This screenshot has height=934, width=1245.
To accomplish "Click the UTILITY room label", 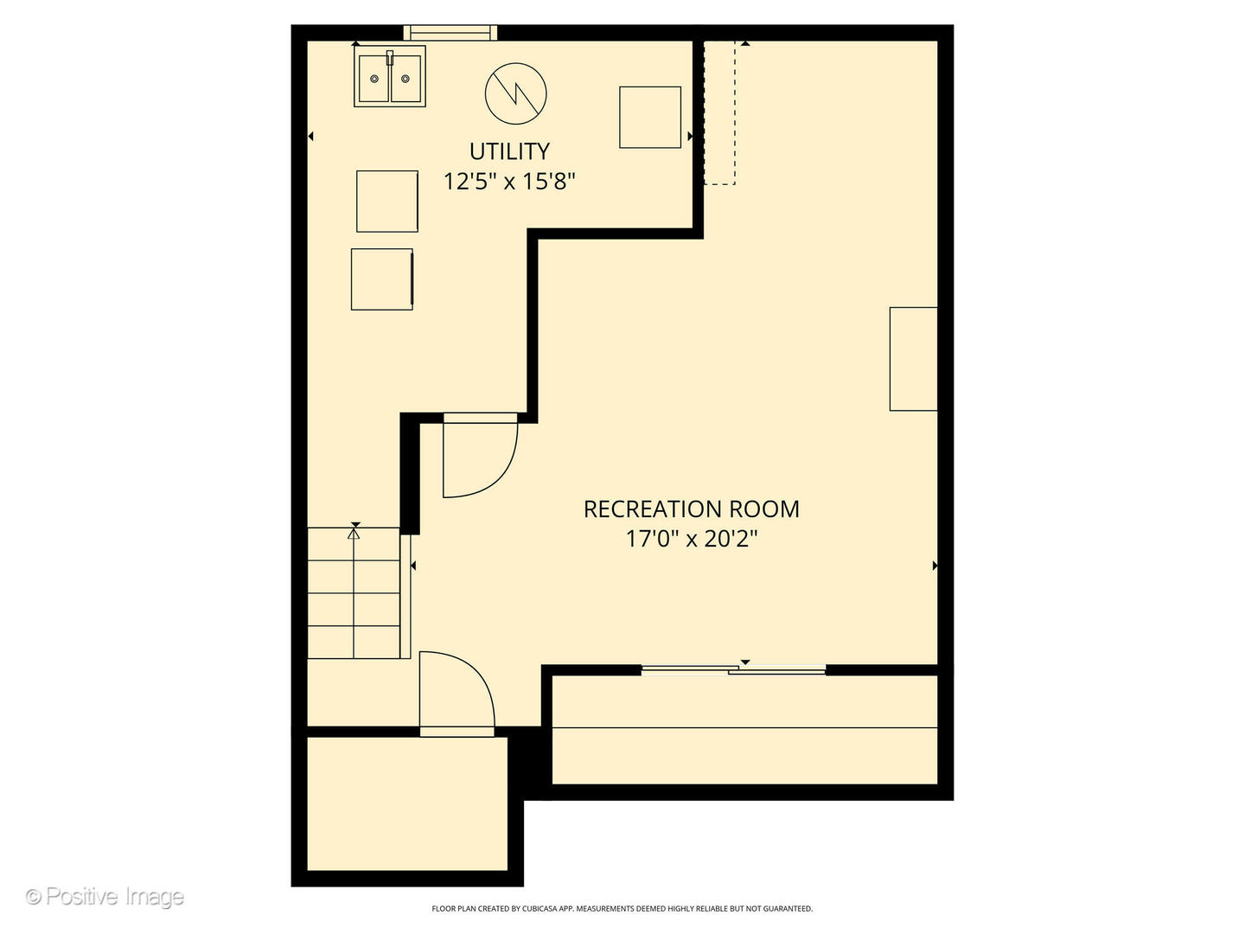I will pos(509,151).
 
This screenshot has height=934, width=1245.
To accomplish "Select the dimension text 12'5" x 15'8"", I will pos(509,182).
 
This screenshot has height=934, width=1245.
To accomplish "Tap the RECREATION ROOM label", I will pos(691,509).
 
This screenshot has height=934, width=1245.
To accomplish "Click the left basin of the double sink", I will pos(373,79).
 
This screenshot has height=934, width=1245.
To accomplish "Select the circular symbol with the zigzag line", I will pos(516,93).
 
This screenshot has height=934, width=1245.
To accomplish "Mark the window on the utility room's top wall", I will pos(450,33).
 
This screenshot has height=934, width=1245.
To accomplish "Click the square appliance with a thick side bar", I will pos(382,279).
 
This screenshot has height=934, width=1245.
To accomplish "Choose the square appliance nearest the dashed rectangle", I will pos(650,117).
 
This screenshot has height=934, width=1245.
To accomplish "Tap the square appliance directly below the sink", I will pos(387,201).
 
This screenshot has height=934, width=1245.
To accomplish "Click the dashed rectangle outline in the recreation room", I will pos(719,112).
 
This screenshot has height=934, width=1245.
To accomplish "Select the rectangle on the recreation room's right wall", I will pos(914,359).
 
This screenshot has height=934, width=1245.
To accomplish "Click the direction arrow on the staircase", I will pos(354,531).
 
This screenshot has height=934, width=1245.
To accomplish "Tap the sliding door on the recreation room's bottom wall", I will pos(733,669).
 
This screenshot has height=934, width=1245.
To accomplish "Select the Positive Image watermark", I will pos(105,897).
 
